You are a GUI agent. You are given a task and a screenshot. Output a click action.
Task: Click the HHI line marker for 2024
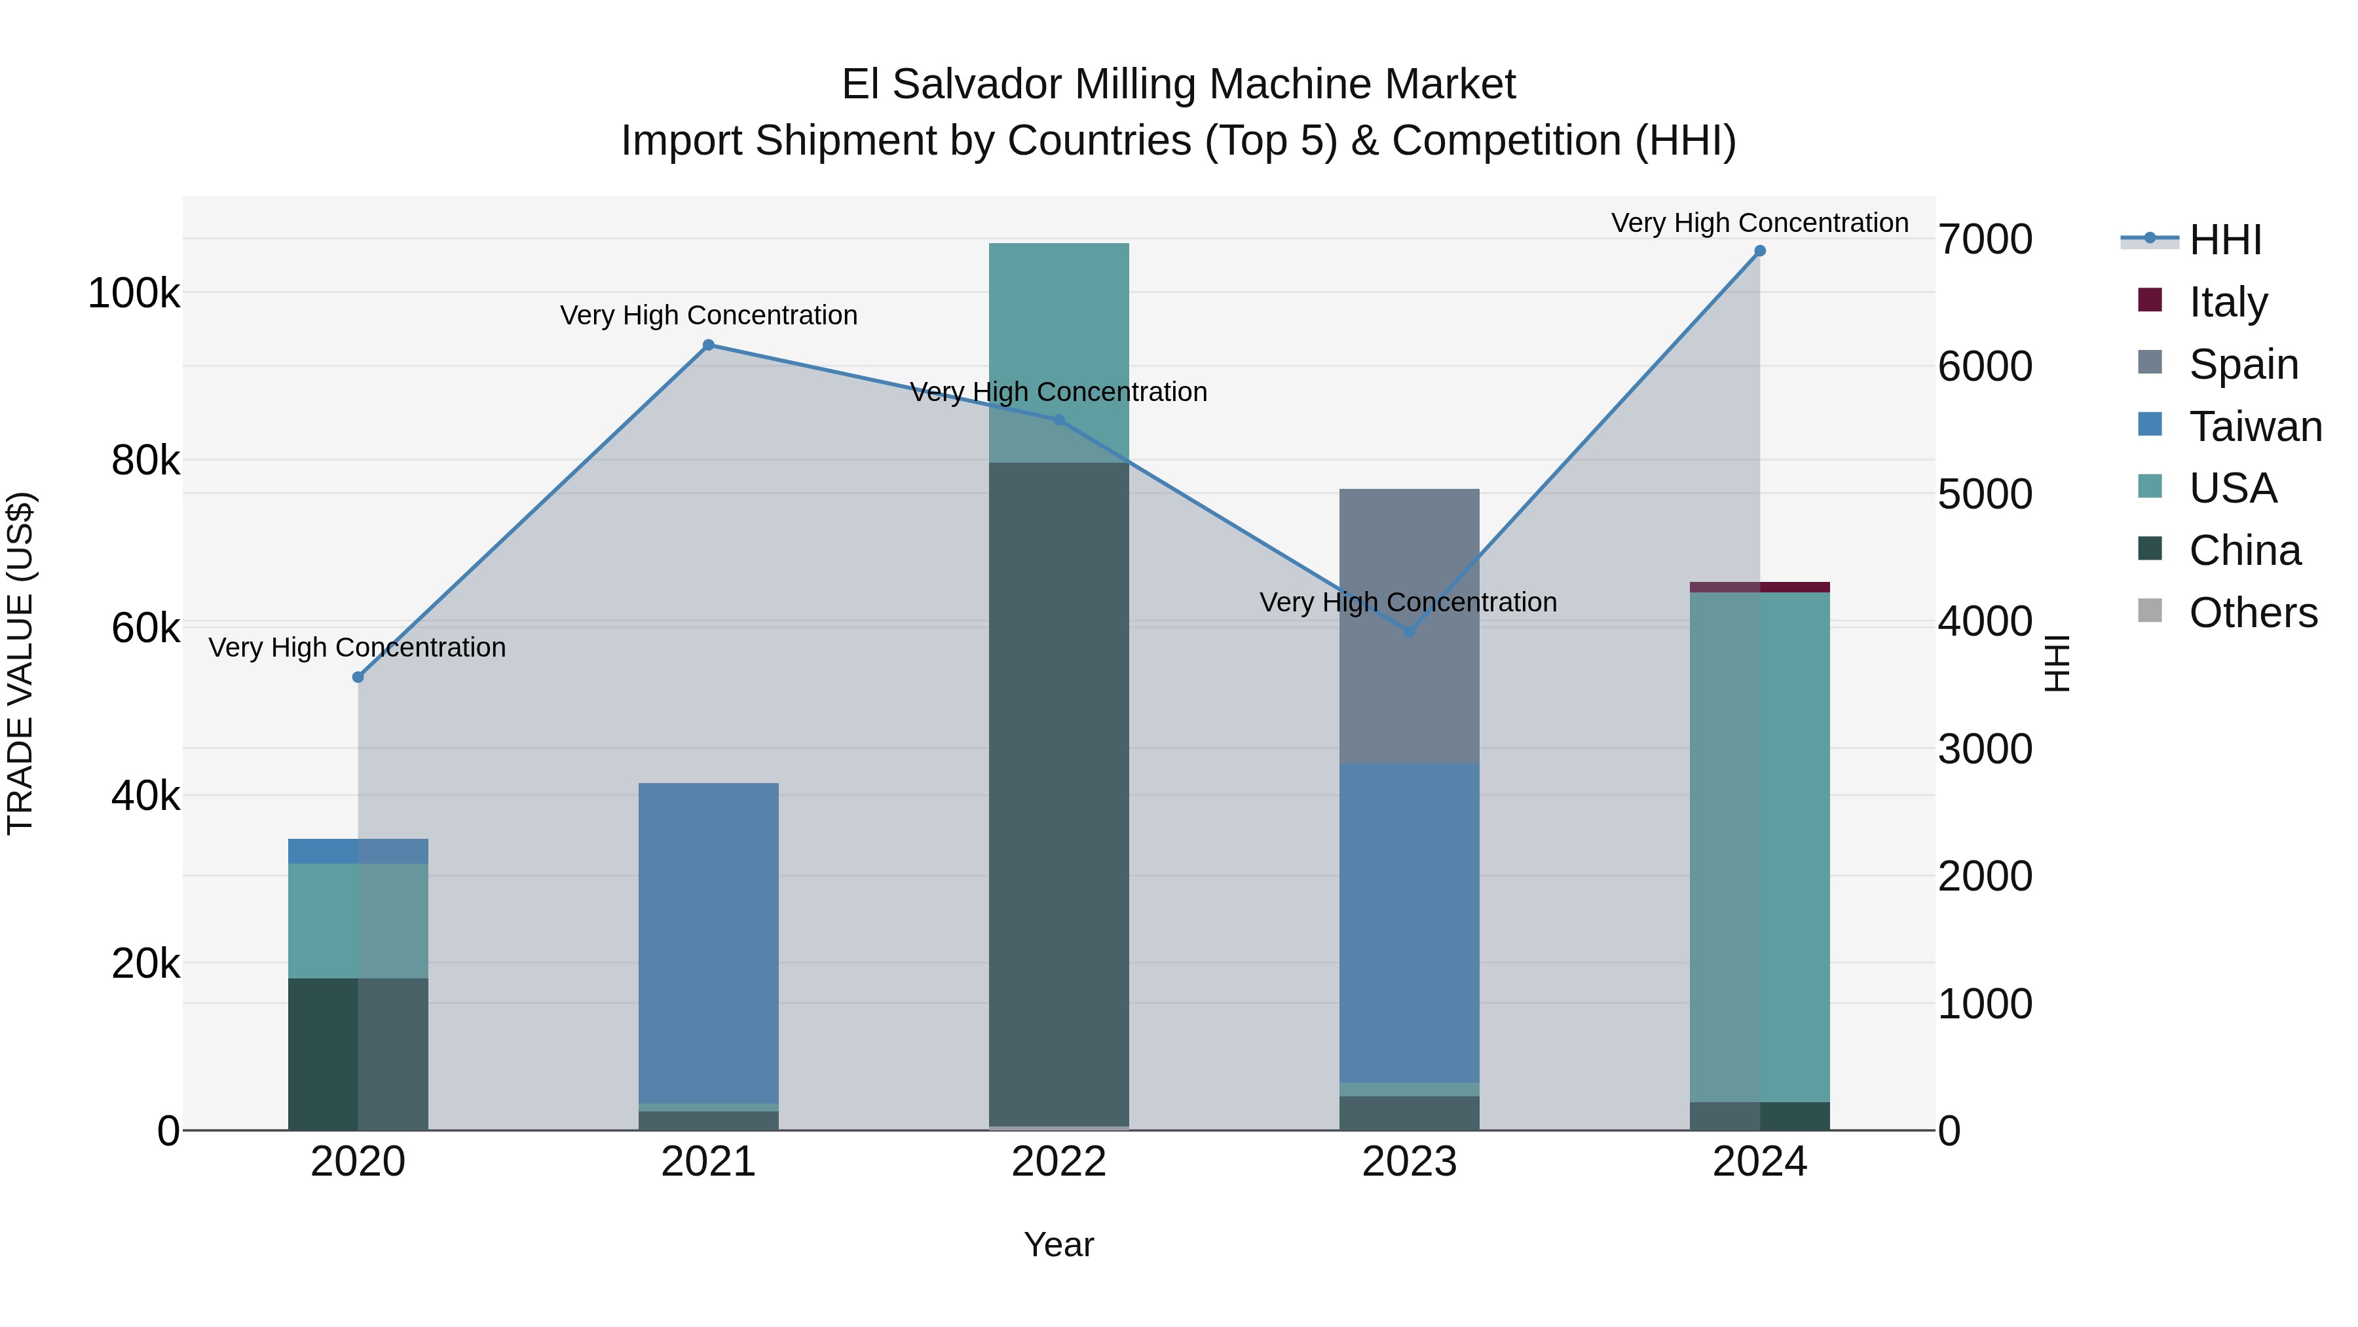1759,251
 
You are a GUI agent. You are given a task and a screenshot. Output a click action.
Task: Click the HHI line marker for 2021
709,345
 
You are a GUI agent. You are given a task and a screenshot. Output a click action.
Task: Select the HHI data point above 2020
358,678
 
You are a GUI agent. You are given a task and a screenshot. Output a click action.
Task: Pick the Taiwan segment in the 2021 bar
709,943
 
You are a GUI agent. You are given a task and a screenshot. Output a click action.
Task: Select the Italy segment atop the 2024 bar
1759,587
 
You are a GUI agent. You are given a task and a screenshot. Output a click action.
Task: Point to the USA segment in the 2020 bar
358,921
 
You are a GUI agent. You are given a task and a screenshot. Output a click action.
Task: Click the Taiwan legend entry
2255,427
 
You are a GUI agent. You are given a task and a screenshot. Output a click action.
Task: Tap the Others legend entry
2252,613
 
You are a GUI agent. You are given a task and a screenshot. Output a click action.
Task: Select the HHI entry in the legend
2224,240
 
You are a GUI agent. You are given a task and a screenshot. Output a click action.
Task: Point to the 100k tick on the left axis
134,294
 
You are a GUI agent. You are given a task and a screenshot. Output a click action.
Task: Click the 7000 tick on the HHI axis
1985,240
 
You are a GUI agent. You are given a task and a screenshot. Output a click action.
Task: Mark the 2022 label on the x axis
1059,1162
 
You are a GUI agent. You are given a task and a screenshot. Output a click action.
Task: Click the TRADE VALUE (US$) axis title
20,663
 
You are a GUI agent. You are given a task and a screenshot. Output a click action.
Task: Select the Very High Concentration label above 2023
1408,603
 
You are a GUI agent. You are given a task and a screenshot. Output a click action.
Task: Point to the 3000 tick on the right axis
1985,749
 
